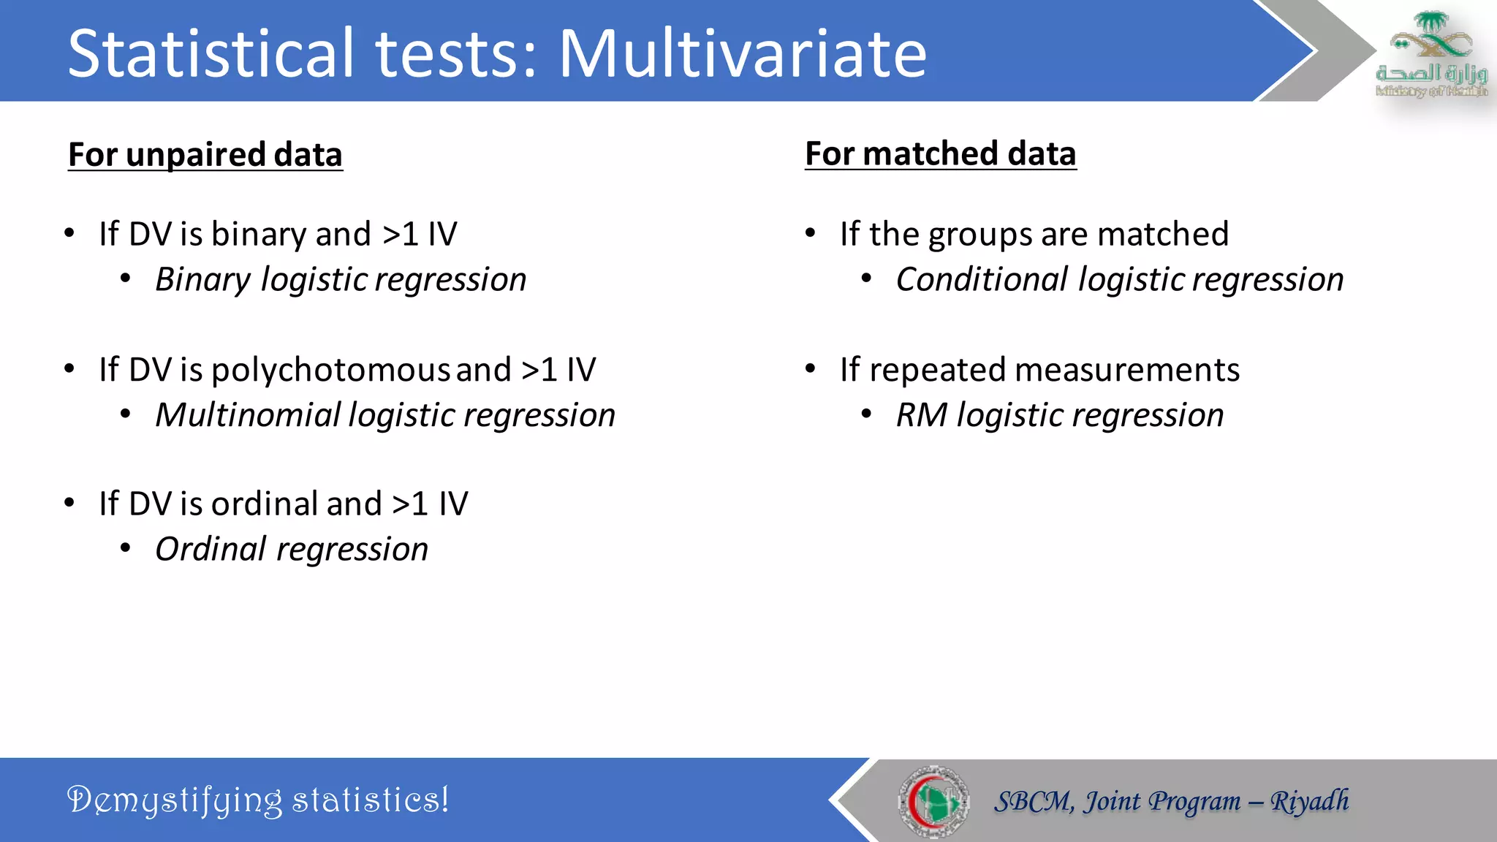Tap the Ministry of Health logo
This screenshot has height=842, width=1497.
1431,55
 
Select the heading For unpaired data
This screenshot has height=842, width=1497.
205,155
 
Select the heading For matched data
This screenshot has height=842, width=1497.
940,154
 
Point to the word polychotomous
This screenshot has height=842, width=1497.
330,370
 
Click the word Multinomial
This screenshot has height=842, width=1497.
248,415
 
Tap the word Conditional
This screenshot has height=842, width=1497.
982,280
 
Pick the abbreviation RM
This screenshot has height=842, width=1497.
921,415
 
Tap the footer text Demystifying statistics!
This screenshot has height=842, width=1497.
257,800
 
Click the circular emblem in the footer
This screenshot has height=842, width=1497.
933,801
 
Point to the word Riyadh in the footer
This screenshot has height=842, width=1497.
1309,801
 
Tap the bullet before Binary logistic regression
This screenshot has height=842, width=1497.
126,278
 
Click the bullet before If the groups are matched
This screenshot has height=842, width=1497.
810,233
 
